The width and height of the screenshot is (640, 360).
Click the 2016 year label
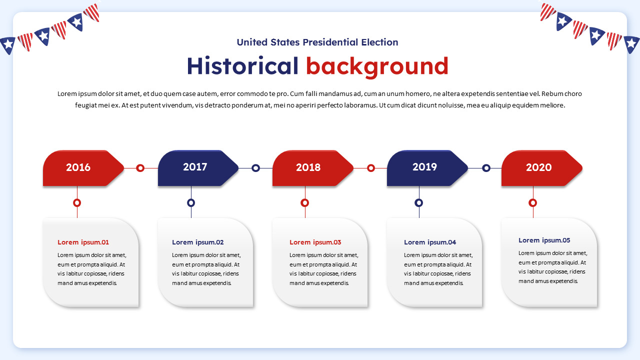tap(78, 167)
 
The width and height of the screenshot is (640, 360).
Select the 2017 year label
tap(195, 167)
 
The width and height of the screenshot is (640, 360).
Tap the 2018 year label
tap(308, 167)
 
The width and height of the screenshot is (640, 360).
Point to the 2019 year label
tap(424, 167)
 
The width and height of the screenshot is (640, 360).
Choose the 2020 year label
tap(538, 167)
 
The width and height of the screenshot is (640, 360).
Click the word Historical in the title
tap(242, 66)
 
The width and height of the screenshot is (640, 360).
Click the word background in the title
tap(377, 66)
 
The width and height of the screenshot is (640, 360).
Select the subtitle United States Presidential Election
tap(317, 42)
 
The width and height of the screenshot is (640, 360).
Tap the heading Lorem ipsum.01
tap(83, 242)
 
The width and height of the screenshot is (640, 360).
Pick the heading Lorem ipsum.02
tap(198, 242)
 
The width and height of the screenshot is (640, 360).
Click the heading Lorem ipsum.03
tap(315, 242)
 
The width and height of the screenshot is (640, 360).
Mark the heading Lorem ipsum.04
tap(430, 242)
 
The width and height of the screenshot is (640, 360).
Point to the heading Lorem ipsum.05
tap(544, 240)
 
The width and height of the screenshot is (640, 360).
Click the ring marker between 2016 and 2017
tap(140, 168)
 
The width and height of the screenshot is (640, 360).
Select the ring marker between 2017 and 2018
tap(255, 168)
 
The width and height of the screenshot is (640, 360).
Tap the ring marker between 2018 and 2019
tap(371, 168)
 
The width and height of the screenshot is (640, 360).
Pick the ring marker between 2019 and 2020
tap(486, 168)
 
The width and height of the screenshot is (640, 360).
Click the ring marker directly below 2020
tap(533, 202)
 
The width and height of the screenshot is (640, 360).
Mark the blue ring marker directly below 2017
tap(191, 202)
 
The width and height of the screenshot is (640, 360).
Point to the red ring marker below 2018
tap(305, 202)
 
